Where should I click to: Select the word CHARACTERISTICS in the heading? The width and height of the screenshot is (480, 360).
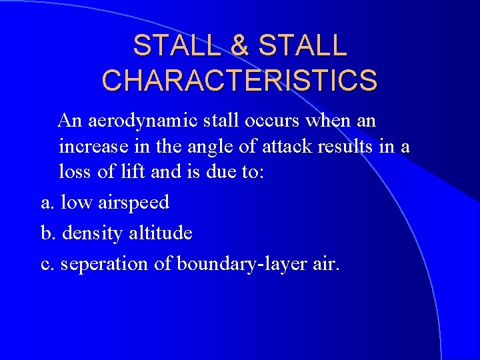tap(239, 81)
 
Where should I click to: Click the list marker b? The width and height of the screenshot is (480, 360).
tap(47, 233)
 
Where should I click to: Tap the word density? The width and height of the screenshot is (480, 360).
tap(93, 233)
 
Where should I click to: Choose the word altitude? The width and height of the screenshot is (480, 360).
tap(161, 233)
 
